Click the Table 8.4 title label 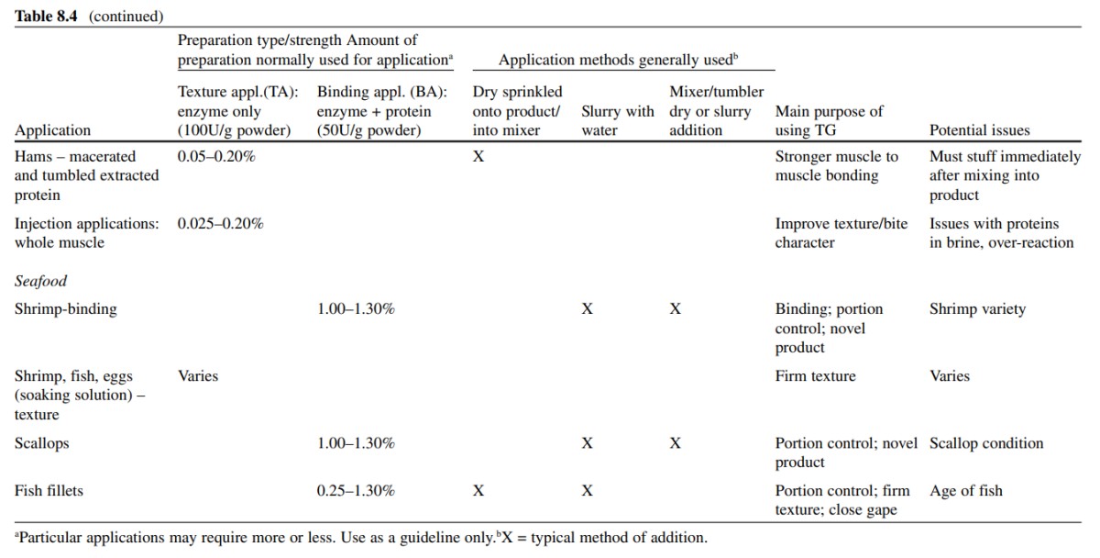(46, 17)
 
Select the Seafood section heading (40, 281)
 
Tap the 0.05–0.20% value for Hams (216, 156)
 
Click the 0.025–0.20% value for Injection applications (221, 224)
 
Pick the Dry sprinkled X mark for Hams (478, 156)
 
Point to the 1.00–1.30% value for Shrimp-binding (356, 308)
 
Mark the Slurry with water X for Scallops (588, 443)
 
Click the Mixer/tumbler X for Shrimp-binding (676, 308)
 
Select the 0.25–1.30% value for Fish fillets (356, 491)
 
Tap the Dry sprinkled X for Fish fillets (478, 491)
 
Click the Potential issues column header (980, 130)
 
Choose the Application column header (52, 130)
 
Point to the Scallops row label (42, 443)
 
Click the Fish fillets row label (49, 491)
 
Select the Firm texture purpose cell (815, 376)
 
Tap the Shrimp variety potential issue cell (977, 309)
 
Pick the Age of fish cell (966, 491)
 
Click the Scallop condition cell (986, 443)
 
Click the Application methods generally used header (618, 60)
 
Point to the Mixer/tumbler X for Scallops (676, 443)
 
